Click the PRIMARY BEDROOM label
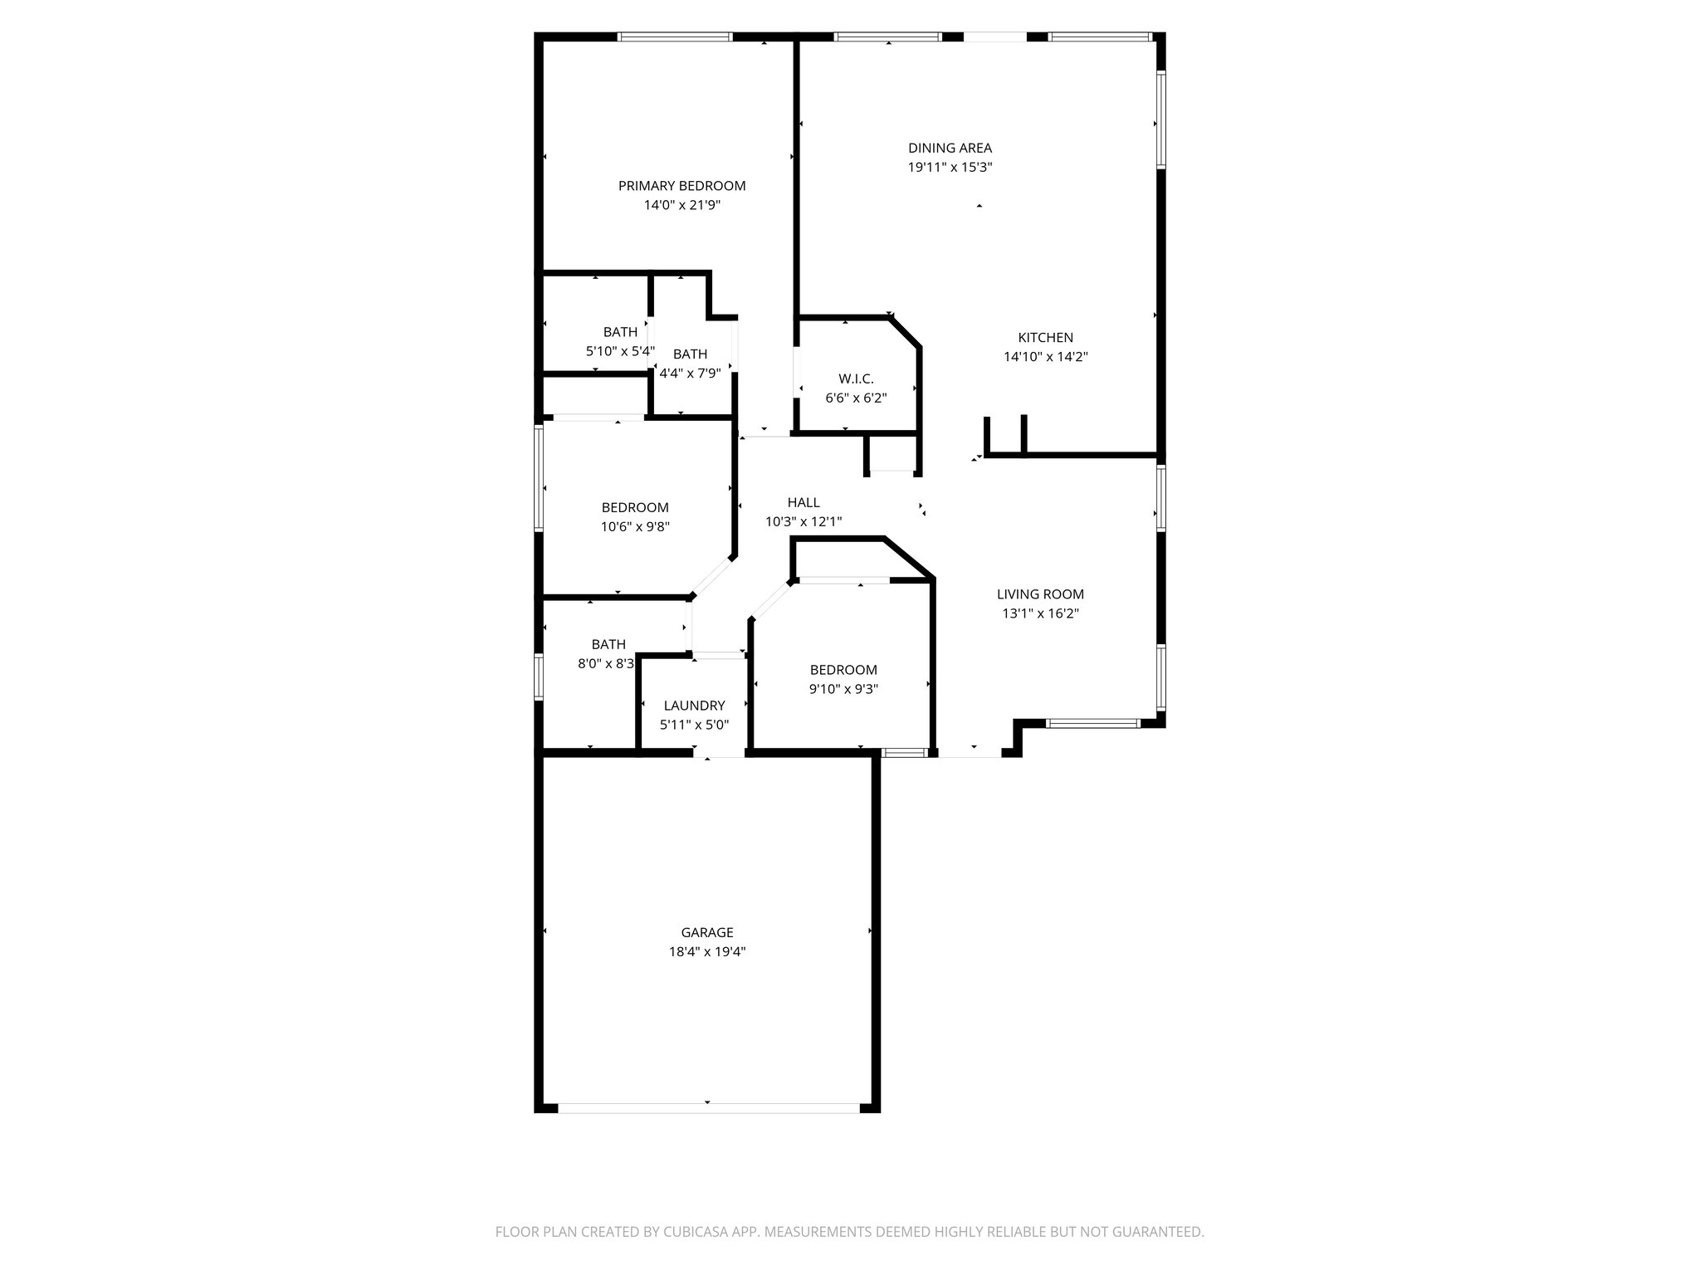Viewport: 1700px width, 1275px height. point(681,186)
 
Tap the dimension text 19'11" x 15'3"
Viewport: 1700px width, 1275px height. point(950,167)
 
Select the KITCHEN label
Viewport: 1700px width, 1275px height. point(1045,338)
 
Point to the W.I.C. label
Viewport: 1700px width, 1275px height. point(856,379)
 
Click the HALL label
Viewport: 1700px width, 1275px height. point(803,502)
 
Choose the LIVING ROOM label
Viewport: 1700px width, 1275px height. point(1040,594)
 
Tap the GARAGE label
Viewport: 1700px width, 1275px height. point(707,932)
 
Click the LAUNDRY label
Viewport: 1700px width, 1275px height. point(694,706)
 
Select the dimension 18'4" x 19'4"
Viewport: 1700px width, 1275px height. point(707,952)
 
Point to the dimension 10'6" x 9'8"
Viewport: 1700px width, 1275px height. point(635,526)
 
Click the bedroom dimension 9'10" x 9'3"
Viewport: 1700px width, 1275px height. point(843,689)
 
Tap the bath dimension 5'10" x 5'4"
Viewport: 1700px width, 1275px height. point(620,351)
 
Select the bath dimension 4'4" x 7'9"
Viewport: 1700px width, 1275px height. point(690,374)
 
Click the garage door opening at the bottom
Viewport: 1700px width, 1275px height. point(708,1107)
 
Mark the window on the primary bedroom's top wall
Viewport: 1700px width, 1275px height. point(674,37)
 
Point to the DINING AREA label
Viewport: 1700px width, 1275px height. point(950,148)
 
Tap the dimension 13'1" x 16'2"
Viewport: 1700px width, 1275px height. point(1040,614)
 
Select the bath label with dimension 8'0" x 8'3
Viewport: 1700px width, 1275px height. point(608,644)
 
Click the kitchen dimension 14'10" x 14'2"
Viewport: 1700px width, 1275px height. point(1045,357)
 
